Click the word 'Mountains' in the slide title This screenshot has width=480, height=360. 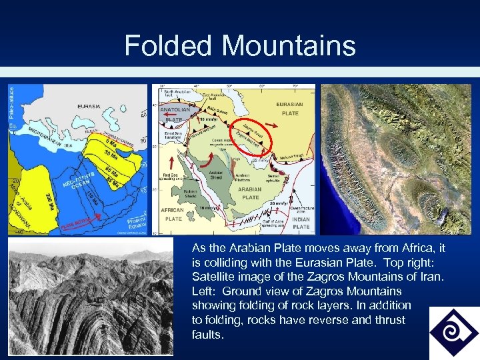tap(289, 46)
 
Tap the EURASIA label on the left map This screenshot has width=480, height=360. tap(88, 106)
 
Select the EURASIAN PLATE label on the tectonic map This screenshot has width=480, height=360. tap(289, 108)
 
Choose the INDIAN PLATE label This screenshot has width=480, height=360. tap(301, 223)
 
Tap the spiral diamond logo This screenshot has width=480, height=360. tap(453, 331)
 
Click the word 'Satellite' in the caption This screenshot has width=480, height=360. tap(214, 277)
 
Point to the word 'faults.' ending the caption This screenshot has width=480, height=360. tap(207, 335)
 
